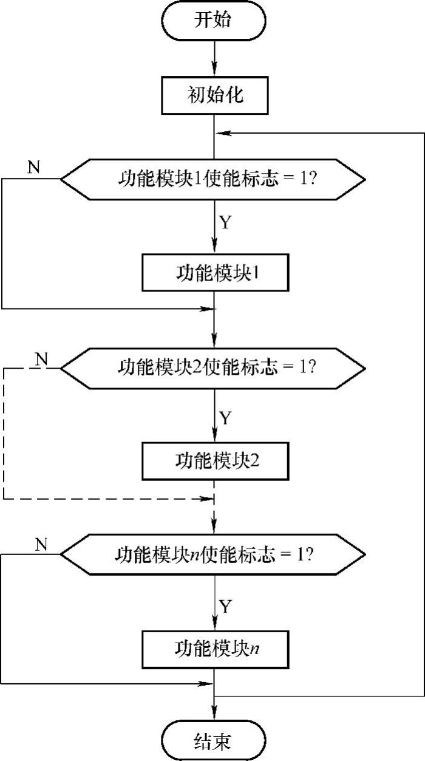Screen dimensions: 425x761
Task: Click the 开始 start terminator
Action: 214,21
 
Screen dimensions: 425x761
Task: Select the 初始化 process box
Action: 215,95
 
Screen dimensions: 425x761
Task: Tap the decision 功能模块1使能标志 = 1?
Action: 213,179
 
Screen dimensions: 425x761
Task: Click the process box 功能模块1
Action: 216,273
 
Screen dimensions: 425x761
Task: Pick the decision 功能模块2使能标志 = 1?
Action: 213,368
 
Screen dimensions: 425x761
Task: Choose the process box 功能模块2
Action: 216,461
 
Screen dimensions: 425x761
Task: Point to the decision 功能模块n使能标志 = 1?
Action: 213,555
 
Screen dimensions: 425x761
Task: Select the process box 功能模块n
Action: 216,650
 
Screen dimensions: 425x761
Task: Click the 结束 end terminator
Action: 214,740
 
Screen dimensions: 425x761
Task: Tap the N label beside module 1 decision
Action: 34,167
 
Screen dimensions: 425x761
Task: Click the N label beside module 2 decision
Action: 41,359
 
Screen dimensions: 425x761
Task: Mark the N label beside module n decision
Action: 41,545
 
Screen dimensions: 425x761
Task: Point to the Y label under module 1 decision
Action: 225,222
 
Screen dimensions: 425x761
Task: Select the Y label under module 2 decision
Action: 225,417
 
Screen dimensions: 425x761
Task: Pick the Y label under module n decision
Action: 225,606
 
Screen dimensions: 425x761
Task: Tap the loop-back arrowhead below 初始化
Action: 223,133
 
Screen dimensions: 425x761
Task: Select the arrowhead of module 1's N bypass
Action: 207,309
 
